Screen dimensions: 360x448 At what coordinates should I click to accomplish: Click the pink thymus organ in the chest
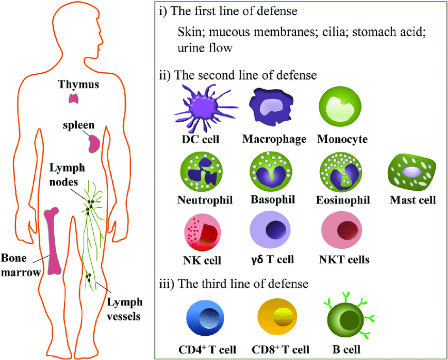point(73,98)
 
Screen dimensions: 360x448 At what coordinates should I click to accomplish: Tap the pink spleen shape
point(94,143)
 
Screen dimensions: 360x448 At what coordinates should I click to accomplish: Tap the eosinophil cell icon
point(342,172)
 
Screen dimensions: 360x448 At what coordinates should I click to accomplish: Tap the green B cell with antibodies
point(346,318)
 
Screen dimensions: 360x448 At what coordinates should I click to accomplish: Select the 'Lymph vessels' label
point(124,309)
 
